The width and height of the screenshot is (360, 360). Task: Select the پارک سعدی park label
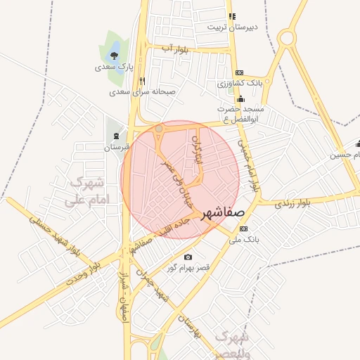pos(114,67)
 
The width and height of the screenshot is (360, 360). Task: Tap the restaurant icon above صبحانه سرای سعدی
pos(143,80)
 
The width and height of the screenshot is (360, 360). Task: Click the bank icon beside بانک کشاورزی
pos(239,72)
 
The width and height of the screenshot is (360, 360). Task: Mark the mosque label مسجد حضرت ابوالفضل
pos(240,114)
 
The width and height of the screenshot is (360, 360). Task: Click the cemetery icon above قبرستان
pos(116,135)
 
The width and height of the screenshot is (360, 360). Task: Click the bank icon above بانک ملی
pos(243,229)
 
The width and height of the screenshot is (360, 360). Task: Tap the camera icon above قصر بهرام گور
pos(188,257)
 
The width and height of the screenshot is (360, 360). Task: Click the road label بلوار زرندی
pos(292,204)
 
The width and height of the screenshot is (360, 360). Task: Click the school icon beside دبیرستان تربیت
pos(233,16)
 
